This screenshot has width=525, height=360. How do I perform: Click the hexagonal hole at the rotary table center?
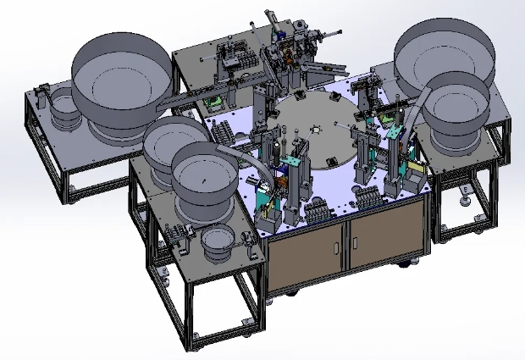[314, 128]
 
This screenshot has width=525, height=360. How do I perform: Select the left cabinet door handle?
[337, 247]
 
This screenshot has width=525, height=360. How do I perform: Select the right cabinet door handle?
[349, 246]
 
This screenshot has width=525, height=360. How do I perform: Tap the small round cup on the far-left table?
[60, 110]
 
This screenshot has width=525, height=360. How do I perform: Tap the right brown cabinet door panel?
[385, 237]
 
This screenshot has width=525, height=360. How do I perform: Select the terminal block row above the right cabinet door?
[368, 198]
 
